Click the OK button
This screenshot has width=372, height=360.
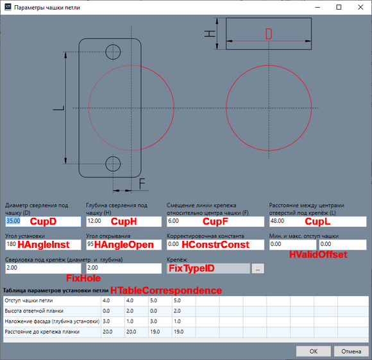pos(314,351)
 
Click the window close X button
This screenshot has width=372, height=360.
pos(360,7)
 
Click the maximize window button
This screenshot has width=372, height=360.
pos(339,7)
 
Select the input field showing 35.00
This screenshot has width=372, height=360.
pos(43,222)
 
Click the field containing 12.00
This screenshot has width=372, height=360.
pos(124,222)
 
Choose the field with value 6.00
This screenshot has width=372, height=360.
pos(216,222)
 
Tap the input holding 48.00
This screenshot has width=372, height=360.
pos(318,222)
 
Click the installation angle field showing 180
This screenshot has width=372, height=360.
pos(43,245)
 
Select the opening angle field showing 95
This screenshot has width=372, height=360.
pos(124,245)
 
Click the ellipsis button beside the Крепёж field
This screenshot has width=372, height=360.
pos(258,268)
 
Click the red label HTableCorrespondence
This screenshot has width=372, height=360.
pos(166,291)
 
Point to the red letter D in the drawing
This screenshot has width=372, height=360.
pos(269,34)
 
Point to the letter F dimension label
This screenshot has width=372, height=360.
pos(142,184)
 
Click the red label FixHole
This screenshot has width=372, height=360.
pos(83,278)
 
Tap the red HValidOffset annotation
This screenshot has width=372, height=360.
pos(318,254)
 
